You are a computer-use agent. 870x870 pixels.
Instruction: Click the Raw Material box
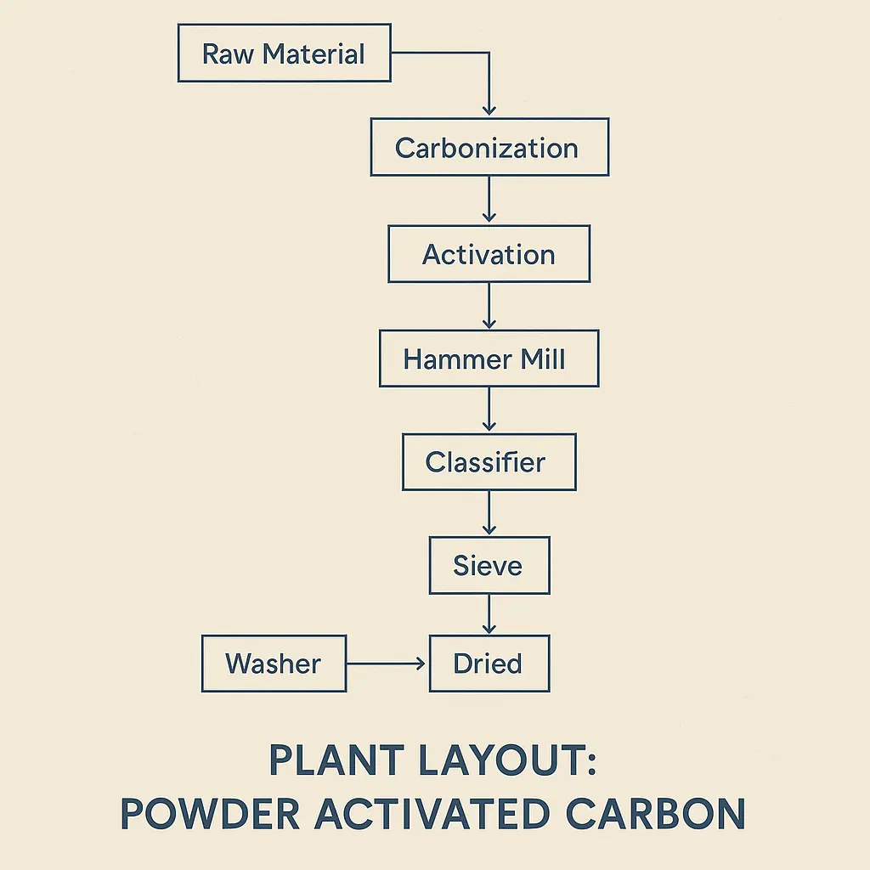pos(284,53)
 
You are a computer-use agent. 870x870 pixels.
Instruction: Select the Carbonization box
pos(489,147)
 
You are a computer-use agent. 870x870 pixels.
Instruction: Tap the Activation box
pos(489,254)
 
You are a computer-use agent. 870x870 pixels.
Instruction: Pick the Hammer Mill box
pos(489,359)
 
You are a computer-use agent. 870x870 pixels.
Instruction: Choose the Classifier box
pos(489,462)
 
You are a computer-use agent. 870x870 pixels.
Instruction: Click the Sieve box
pos(489,565)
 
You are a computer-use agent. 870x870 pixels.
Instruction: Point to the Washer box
pos(274,663)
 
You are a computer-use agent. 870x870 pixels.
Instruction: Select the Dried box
pos(489,663)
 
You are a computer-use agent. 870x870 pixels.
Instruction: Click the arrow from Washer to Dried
pos(387,663)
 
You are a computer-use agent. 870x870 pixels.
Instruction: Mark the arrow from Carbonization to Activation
pos(489,201)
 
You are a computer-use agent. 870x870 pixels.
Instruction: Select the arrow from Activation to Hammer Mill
pos(489,307)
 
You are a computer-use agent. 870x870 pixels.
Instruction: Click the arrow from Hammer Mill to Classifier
pos(489,410)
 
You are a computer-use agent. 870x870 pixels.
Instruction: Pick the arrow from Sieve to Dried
pos(489,614)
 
